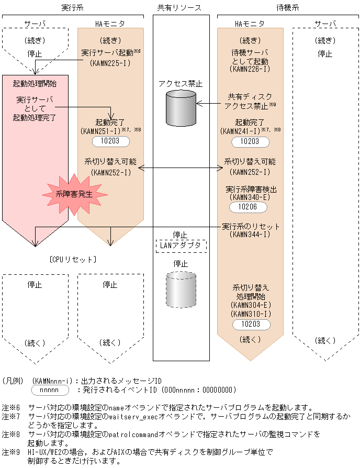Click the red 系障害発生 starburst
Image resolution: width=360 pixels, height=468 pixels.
click(74, 194)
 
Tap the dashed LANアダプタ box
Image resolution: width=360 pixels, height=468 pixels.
click(181, 245)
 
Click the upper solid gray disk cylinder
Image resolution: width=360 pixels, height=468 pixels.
click(181, 106)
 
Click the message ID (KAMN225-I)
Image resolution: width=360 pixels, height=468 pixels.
click(110, 63)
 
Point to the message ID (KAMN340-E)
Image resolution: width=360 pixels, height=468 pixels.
click(250, 197)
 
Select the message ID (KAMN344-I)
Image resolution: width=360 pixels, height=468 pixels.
click(250, 235)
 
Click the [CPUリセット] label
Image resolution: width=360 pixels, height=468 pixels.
click(73, 259)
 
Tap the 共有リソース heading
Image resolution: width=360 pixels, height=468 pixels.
click(179, 8)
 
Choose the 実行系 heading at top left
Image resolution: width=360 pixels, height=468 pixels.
click(72, 8)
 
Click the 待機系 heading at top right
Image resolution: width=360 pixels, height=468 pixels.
click(287, 8)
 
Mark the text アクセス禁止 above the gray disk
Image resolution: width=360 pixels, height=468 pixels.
click(181, 83)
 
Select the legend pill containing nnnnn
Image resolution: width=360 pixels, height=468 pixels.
click(50, 390)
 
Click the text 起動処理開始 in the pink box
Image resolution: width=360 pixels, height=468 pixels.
click(35, 83)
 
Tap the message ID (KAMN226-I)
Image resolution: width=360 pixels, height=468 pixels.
click(250, 69)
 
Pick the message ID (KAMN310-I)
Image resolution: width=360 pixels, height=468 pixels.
click(250, 314)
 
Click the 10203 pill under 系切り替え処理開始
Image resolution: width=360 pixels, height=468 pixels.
click(250, 325)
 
